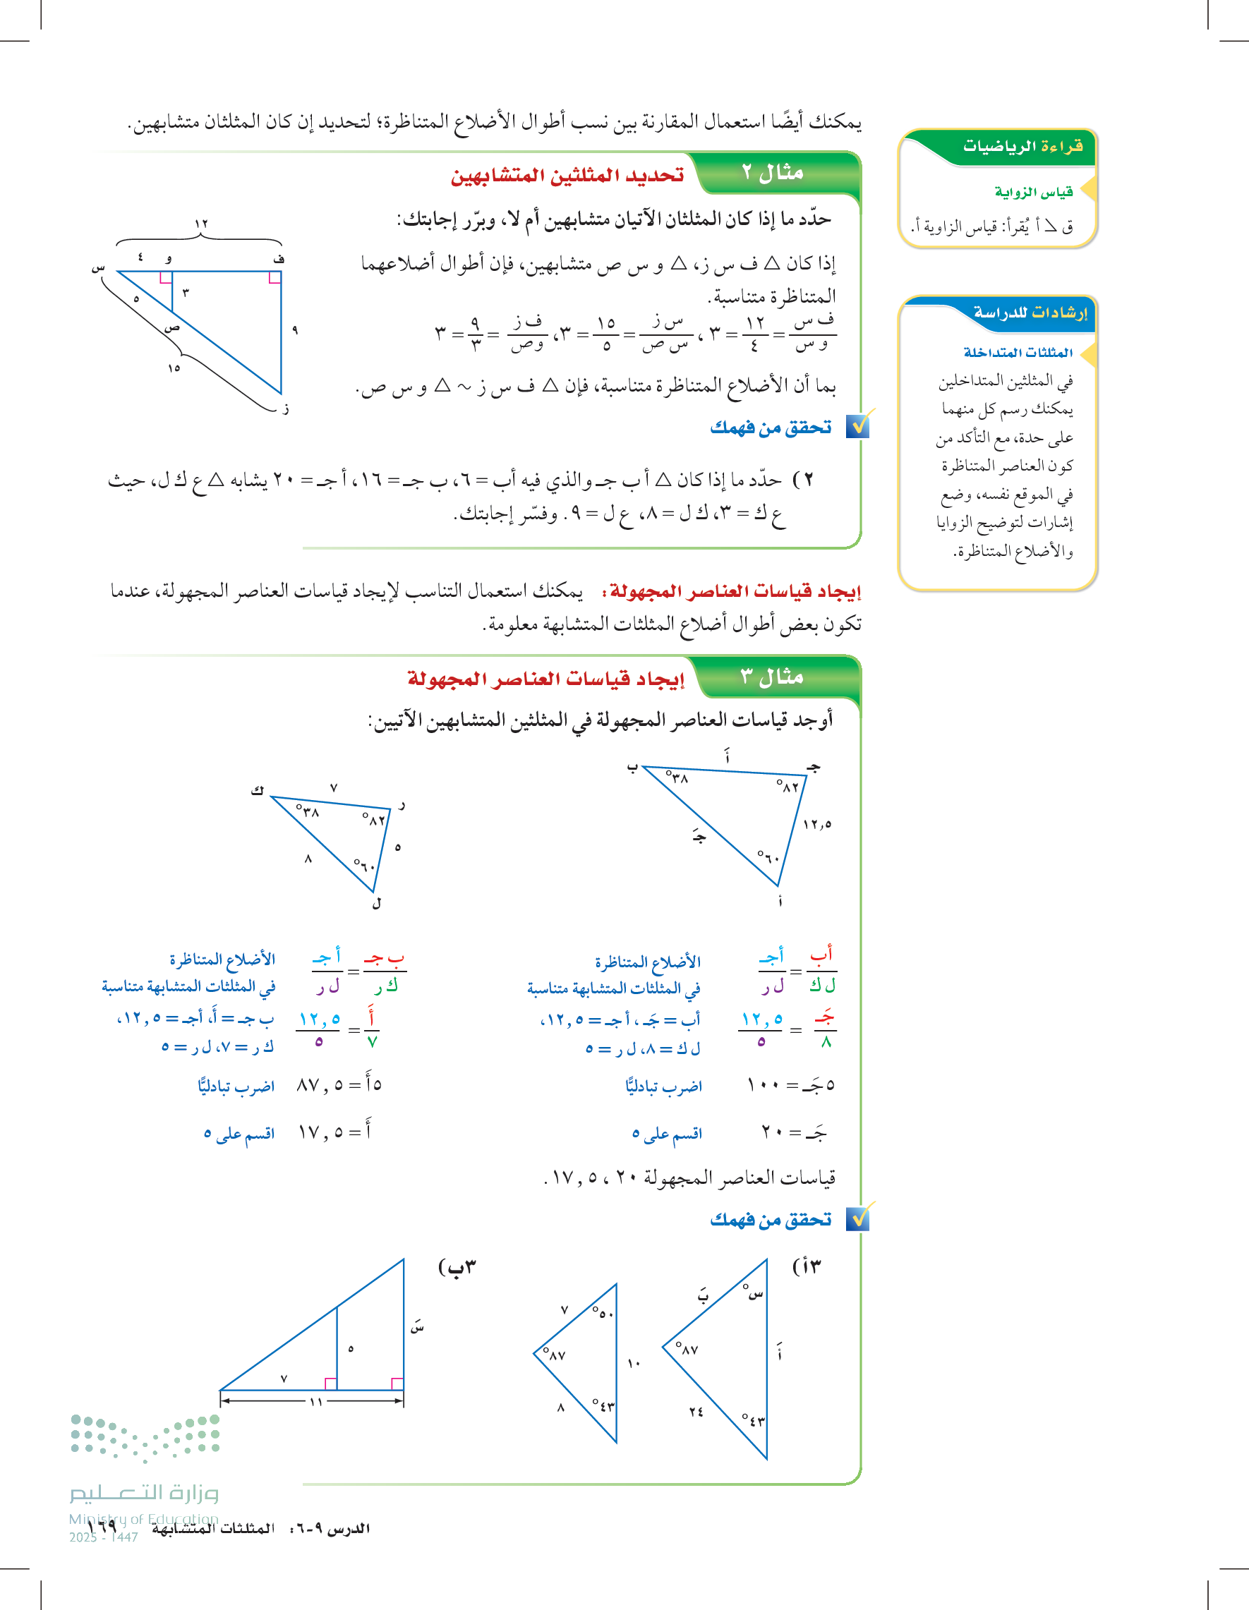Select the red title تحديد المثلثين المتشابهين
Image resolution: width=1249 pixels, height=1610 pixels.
pos(567,176)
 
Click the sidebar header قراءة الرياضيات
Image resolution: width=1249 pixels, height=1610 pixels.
pos(1022,146)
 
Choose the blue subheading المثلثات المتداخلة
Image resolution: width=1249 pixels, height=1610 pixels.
pos(1018,352)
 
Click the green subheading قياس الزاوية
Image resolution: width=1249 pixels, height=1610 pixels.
pos(1033,193)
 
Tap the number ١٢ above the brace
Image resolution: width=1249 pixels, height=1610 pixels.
pos(200,224)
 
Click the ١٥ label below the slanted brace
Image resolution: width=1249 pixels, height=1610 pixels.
pos(174,368)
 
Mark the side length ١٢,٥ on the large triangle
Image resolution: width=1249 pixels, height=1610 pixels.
pos(817,824)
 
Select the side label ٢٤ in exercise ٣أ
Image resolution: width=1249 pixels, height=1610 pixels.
pos(696,1412)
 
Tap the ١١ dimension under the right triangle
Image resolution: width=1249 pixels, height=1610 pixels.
pos(315,1401)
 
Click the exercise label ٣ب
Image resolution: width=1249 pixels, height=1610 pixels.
pos(457,1267)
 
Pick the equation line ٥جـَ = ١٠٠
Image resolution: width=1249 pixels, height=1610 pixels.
pos(790,1085)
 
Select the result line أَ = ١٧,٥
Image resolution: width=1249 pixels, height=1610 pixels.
pos(334,1132)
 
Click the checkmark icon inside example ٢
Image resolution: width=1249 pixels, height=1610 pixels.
pos(858,425)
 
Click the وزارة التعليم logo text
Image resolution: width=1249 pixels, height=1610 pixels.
pos(145,1492)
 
